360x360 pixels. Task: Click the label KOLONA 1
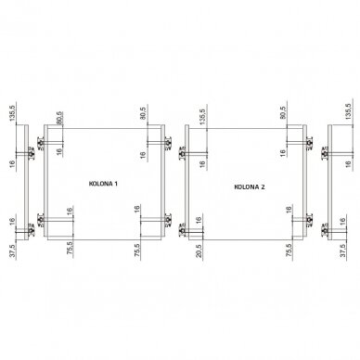pyautogui.click(x=103, y=184)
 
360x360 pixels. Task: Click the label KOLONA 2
pyautogui.click(x=250, y=186)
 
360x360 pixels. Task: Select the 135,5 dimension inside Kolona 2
pyautogui.click(x=202, y=117)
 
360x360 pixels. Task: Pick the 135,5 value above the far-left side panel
pyautogui.click(x=13, y=113)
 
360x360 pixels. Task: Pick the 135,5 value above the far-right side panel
pyautogui.click(x=349, y=111)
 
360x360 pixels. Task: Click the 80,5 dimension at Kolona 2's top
pyautogui.click(x=282, y=112)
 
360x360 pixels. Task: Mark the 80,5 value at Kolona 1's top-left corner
pyautogui.click(x=59, y=118)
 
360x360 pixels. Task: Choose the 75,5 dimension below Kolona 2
pyautogui.click(x=289, y=251)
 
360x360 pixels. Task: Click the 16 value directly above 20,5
pyautogui.click(x=199, y=220)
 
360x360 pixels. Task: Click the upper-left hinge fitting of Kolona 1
pyautogui.click(x=41, y=143)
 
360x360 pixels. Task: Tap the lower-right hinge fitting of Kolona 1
pyautogui.click(x=168, y=220)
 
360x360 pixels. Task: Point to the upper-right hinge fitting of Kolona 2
pyautogui.click(x=309, y=143)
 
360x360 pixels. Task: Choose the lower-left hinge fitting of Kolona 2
pyautogui.click(x=182, y=230)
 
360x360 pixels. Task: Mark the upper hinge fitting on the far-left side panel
pyautogui.click(x=32, y=153)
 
